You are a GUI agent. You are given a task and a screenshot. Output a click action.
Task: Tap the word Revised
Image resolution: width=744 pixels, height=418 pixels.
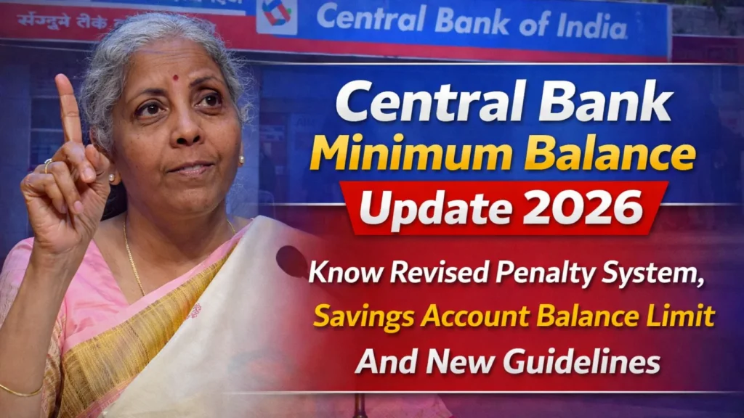coord(426,274)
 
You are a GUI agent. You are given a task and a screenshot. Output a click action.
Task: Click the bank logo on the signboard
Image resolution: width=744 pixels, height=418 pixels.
coord(276,15)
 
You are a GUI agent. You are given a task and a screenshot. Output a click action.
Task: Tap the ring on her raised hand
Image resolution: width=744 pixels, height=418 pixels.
coord(48,165)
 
